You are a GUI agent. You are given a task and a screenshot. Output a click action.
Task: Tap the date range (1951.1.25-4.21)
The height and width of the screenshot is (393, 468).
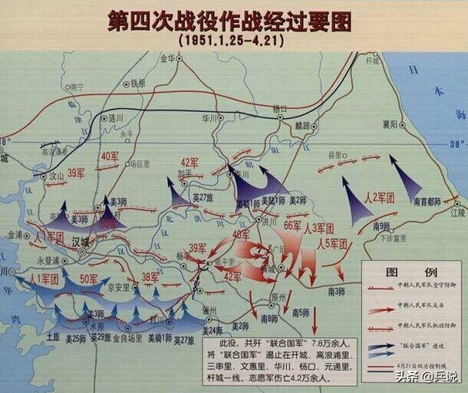(231, 38)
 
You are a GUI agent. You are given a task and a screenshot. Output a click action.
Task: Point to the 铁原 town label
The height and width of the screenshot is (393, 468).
(137, 83)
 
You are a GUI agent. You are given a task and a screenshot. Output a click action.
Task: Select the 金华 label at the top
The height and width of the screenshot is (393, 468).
(168, 58)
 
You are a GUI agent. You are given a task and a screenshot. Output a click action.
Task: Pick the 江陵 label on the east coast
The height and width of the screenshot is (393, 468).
(457, 212)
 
